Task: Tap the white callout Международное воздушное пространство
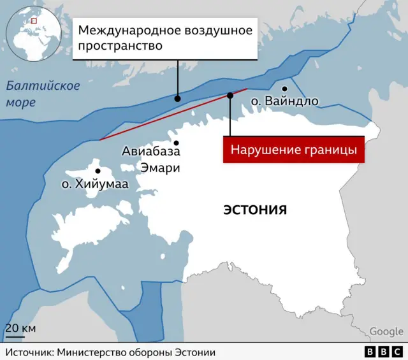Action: [165, 38]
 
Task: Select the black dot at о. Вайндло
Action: [285, 89]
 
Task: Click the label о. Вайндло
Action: [284, 101]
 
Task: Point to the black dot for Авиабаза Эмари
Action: [175, 143]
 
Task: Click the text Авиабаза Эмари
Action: [151, 160]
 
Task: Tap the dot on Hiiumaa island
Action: [98, 171]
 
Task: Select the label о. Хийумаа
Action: [95, 184]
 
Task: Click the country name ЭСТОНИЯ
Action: [255, 209]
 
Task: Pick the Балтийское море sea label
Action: [43, 94]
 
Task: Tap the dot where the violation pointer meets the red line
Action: [230, 96]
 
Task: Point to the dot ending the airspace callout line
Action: [177, 98]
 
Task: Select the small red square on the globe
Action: [34, 20]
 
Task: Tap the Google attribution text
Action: [386, 331]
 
